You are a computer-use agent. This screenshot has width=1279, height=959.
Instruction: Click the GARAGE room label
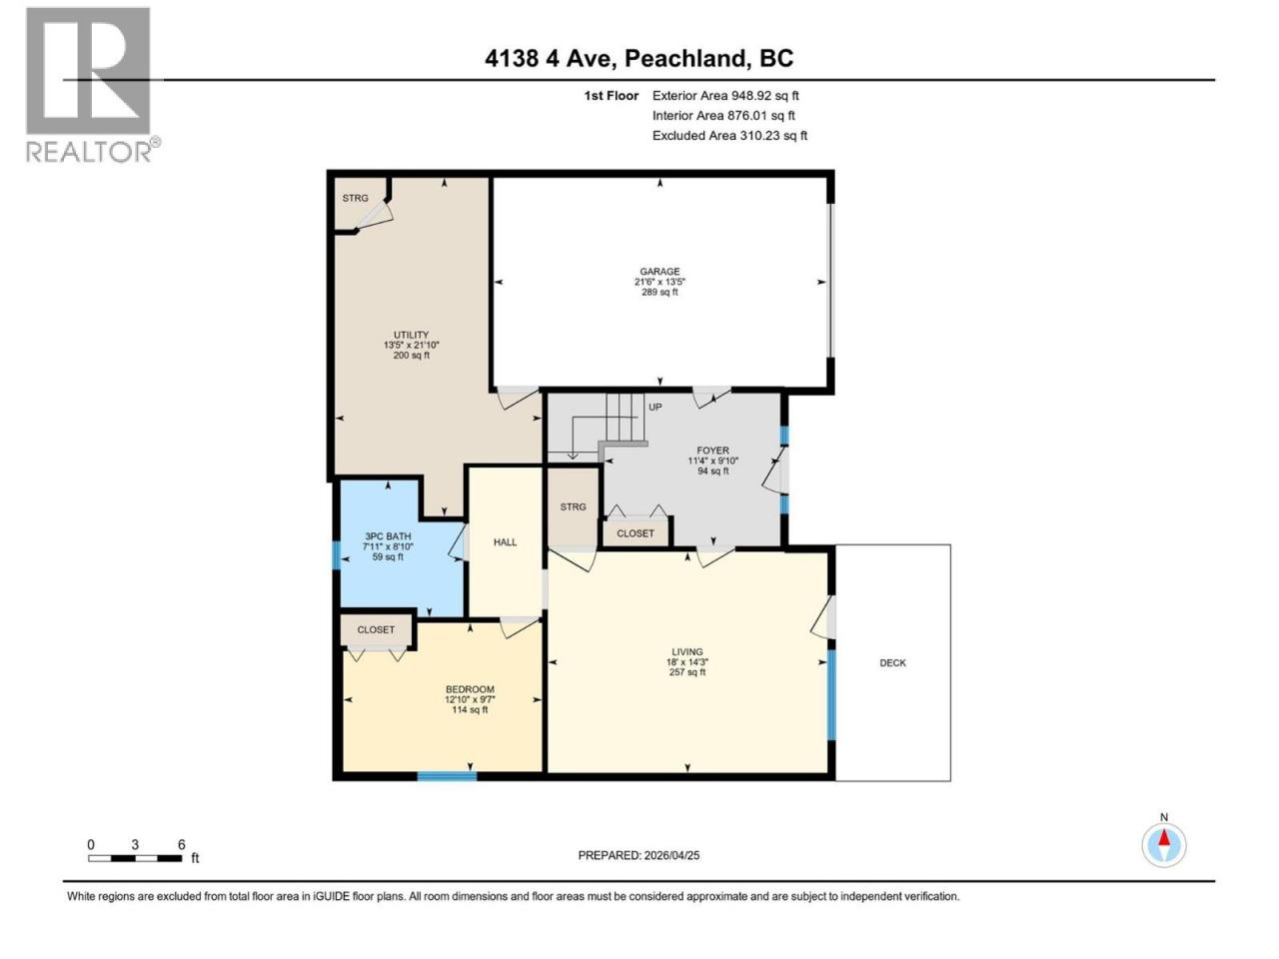pos(659,272)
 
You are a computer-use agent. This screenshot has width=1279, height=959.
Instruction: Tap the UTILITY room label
pos(411,335)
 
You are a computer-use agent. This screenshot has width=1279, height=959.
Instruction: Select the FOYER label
pos(712,451)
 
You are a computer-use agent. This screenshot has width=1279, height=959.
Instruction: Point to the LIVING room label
pos(687,652)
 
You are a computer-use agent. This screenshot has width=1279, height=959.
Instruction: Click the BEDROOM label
pos(470,689)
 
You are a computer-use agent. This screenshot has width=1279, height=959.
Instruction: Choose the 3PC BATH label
pos(388,536)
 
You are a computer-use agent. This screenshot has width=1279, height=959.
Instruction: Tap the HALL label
pos(505,542)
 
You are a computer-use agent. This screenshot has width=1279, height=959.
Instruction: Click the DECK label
pos(892,662)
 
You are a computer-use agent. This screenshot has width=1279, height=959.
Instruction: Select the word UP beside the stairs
pos(654,407)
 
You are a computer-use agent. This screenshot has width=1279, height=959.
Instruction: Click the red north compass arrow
pos(1164,838)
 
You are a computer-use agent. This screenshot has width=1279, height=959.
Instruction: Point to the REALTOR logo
pos(93,85)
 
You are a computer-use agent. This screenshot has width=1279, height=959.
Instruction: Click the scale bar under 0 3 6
pos(135,858)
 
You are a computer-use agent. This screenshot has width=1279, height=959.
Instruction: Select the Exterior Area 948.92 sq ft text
pos(725,96)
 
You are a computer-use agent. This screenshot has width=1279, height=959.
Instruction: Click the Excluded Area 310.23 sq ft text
pos(729,136)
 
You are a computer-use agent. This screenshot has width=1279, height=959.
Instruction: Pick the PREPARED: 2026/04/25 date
pos(639,855)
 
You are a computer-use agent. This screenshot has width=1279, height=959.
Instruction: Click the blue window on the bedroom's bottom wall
pos(448,775)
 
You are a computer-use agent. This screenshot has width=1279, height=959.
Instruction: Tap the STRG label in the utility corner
pos(355,198)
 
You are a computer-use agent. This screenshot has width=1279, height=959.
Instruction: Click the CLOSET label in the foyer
pos(636,533)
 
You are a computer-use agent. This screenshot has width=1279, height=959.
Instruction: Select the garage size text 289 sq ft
pos(659,292)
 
